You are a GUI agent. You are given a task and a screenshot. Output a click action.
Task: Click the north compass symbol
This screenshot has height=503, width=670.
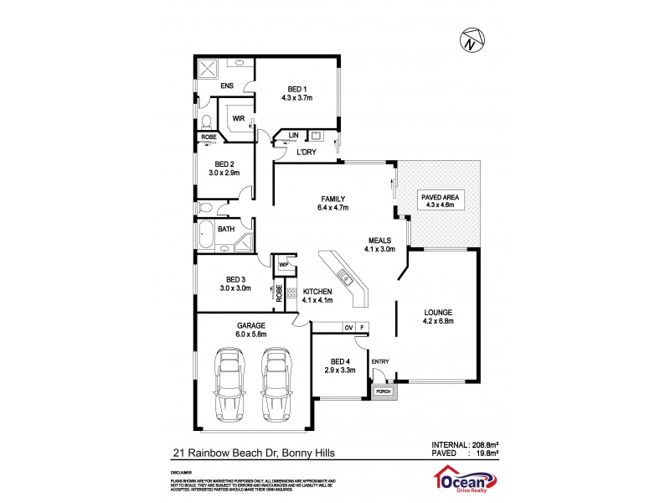click(x=472, y=39)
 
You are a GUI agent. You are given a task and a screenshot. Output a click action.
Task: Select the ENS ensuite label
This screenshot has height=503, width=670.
click(x=226, y=86)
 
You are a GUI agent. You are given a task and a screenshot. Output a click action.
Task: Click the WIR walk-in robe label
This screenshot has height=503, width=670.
click(x=238, y=118)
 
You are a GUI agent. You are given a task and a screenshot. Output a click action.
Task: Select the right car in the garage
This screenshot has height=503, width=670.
click(x=276, y=382)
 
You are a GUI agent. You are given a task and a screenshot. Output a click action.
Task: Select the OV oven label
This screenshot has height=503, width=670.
click(x=348, y=327)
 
